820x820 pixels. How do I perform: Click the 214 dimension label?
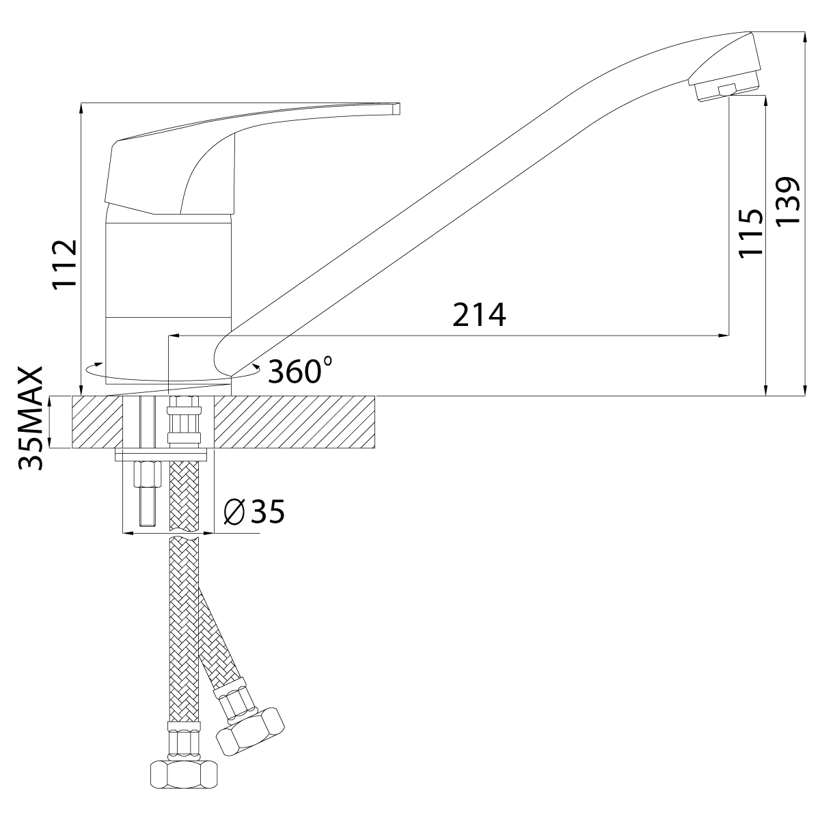coord(479,314)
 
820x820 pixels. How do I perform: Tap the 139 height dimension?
coord(788,200)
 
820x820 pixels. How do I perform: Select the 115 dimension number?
coord(750,233)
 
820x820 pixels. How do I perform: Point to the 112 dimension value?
coord(65,264)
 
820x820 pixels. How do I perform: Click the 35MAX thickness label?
coord(31,418)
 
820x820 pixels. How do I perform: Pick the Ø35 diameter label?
coord(254,512)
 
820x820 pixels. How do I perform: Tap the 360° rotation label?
coord(299,370)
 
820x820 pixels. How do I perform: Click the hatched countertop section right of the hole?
coord(294,422)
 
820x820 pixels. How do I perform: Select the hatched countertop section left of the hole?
coord(97,422)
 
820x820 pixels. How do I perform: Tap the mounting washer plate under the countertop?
coord(161,454)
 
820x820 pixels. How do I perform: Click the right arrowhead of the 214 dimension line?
coord(724,336)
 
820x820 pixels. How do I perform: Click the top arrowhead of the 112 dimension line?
coord(81,109)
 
